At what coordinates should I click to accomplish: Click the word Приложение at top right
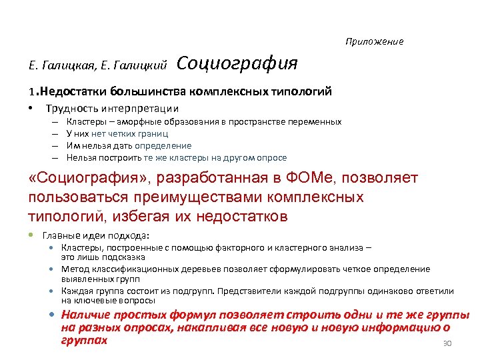[374, 41]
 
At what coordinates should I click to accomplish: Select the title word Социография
[237, 64]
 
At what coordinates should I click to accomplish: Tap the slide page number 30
[447, 344]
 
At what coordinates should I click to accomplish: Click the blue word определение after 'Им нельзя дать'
[163, 145]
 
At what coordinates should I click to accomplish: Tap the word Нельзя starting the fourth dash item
[81, 158]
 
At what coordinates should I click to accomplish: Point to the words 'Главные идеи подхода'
[96, 235]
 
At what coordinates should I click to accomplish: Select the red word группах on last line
[83, 339]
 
